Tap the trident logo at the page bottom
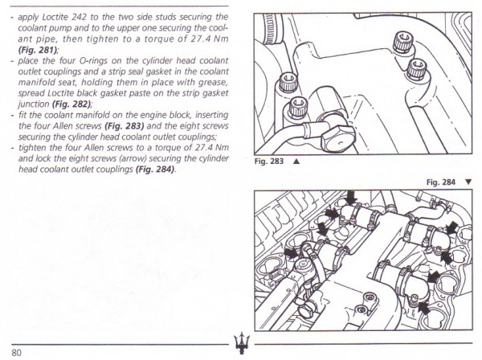pos(240,342)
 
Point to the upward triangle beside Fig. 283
pos(296,161)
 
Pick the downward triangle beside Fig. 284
pos(468,182)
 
